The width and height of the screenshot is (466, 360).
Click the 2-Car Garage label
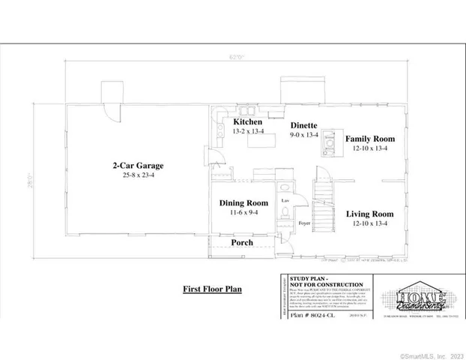tap(138, 166)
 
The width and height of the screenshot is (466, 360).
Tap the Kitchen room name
tap(247, 121)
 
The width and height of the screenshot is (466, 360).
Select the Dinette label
tap(303, 125)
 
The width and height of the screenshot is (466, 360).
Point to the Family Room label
tap(370, 139)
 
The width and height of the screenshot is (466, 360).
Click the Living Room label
tap(370, 214)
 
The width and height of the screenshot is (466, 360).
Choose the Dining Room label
tap(243, 202)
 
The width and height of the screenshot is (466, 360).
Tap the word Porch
tap(241, 243)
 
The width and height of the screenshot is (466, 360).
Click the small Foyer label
tap(303, 223)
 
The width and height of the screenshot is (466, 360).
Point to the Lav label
tap(285, 201)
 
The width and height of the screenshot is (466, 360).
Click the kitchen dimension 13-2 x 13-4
tap(247, 131)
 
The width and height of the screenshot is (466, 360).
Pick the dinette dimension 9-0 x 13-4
tap(303, 135)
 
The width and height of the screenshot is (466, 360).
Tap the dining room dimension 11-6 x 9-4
tap(243, 213)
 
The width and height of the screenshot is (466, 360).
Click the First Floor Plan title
tap(212, 289)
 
